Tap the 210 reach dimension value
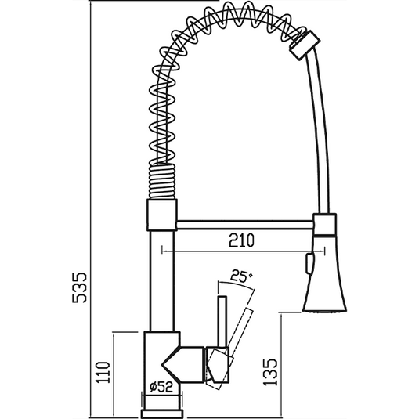click(x=241, y=242)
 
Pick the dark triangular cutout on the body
click(x=174, y=364)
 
